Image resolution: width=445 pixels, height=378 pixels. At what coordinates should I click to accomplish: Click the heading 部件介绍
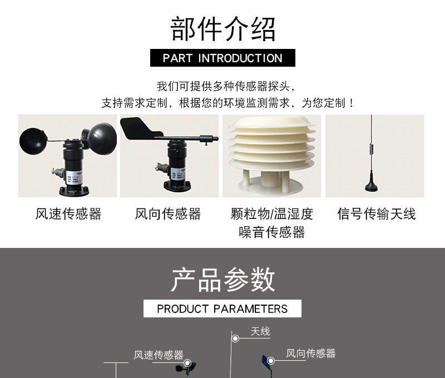(223, 29)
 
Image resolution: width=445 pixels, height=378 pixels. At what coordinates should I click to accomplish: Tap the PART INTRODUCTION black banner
(222, 58)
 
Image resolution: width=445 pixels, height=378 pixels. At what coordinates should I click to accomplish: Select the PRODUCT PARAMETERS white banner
(222, 309)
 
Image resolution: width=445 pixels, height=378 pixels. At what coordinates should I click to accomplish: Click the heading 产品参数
(223, 279)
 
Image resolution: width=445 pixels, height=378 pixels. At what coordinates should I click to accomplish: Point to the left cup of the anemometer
(32, 141)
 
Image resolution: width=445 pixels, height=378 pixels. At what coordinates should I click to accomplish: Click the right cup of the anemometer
(102, 138)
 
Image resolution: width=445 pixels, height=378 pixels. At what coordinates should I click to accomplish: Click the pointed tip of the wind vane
(217, 138)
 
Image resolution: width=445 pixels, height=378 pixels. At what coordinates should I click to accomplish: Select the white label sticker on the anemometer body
(72, 177)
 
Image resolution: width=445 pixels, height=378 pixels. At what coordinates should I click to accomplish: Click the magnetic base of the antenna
(372, 185)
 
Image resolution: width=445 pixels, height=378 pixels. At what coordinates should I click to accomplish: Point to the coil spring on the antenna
(371, 149)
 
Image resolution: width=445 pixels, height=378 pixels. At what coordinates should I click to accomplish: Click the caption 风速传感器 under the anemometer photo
(68, 214)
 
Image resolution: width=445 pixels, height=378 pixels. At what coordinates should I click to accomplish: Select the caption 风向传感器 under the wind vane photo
(168, 214)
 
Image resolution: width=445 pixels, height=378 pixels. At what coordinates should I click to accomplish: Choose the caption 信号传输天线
(377, 214)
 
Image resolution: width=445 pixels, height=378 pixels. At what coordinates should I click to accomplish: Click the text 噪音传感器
(271, 232)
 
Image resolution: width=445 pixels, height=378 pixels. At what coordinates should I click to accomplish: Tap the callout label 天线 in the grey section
(260, 331)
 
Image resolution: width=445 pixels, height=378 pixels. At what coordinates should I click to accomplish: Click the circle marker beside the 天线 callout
(235, 339)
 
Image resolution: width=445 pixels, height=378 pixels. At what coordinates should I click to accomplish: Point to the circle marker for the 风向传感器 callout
(271, 361)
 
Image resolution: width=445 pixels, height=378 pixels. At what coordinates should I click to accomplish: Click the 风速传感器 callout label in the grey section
(159, 355)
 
